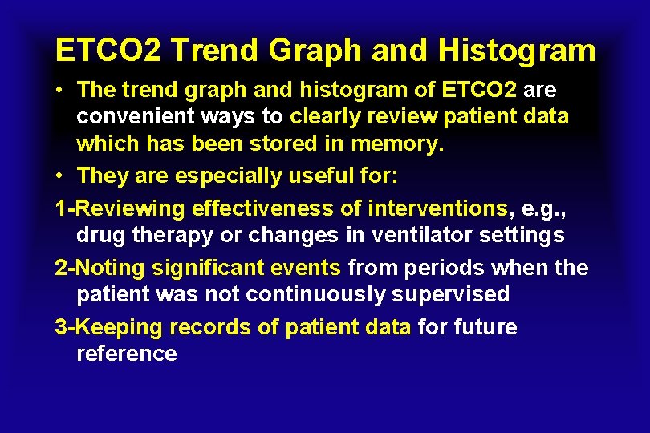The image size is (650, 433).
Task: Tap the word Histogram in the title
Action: pyautogui.click(x=518, y=51)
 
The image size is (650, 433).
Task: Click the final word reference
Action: pyautogui.click(x=127, y=354)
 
